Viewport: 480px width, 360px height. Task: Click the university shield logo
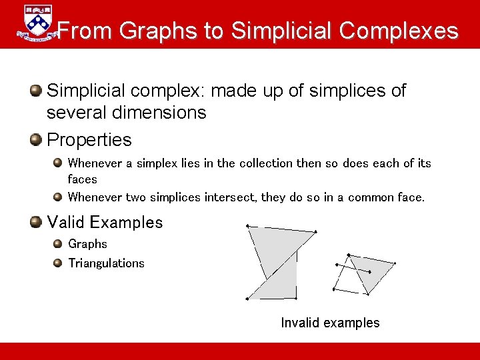click(x=36, y=24)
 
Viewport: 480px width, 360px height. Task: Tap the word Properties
click(x=89, y=140)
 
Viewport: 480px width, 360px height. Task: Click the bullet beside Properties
click(x=36, y=139)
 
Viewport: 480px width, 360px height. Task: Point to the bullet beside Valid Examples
click(x=36, y=221)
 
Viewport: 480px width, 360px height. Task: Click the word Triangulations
click(x=106, y=263)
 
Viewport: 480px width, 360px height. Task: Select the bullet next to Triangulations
click(x=58, y=263)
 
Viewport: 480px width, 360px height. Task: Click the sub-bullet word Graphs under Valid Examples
click(x=87, y=244)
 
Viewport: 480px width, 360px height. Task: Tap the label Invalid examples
click(x=330, y=323)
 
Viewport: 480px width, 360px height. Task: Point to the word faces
click(x=82, y=179)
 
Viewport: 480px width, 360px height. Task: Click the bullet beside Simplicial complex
click(x=36, y=90)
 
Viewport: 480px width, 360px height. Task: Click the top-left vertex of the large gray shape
click(x=247, y=227)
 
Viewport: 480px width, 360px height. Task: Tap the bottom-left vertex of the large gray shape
click(x=247, y=299)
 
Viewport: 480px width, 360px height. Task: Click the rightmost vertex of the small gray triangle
click(x=395, y=264)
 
